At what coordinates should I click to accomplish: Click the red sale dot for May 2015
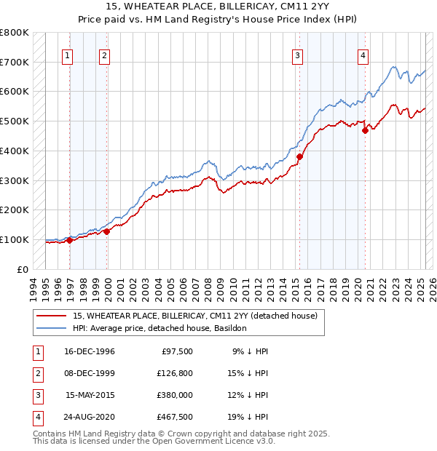(x=299, y=156)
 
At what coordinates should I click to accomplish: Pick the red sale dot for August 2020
(x=366, y=129)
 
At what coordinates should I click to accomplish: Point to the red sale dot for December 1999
(x=106, y=231)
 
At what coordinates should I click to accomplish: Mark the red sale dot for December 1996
(x=70, y=240)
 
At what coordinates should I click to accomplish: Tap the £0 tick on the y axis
(x=22, y=269)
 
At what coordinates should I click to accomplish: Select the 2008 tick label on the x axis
(x=209, y=288)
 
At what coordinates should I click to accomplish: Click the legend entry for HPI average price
(x=160, y=328)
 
